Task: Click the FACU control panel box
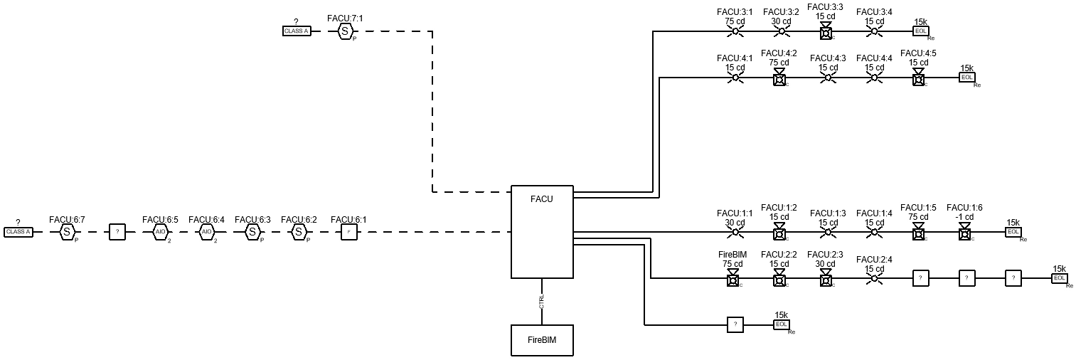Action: [x=542, y=232]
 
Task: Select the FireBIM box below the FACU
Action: [x=542, y=340]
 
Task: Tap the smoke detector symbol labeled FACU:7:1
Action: [x=345, y=31]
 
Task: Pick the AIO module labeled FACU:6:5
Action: [x=160, y=232]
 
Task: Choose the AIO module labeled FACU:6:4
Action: [x=206, y=232]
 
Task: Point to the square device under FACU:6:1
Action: [x=348, y=232]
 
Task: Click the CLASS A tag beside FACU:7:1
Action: [x=296, y=31]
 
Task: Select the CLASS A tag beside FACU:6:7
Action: [x=18, y=232]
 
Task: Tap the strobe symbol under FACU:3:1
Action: [x=735, y=31]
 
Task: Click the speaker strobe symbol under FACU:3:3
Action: [x=826, y=31]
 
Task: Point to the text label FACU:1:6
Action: [x=964, y=207]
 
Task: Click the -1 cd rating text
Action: [x=964, y=217]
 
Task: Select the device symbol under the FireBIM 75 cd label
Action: [x=733, y=280]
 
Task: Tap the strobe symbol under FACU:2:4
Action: [x=874, y=279]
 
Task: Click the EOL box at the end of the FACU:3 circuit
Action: [x=921, y=31]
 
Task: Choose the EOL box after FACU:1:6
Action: [x=1013, y=232]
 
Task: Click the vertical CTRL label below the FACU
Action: [x=542, y=302]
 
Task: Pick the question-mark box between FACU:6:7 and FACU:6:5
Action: [x=117, y=232]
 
